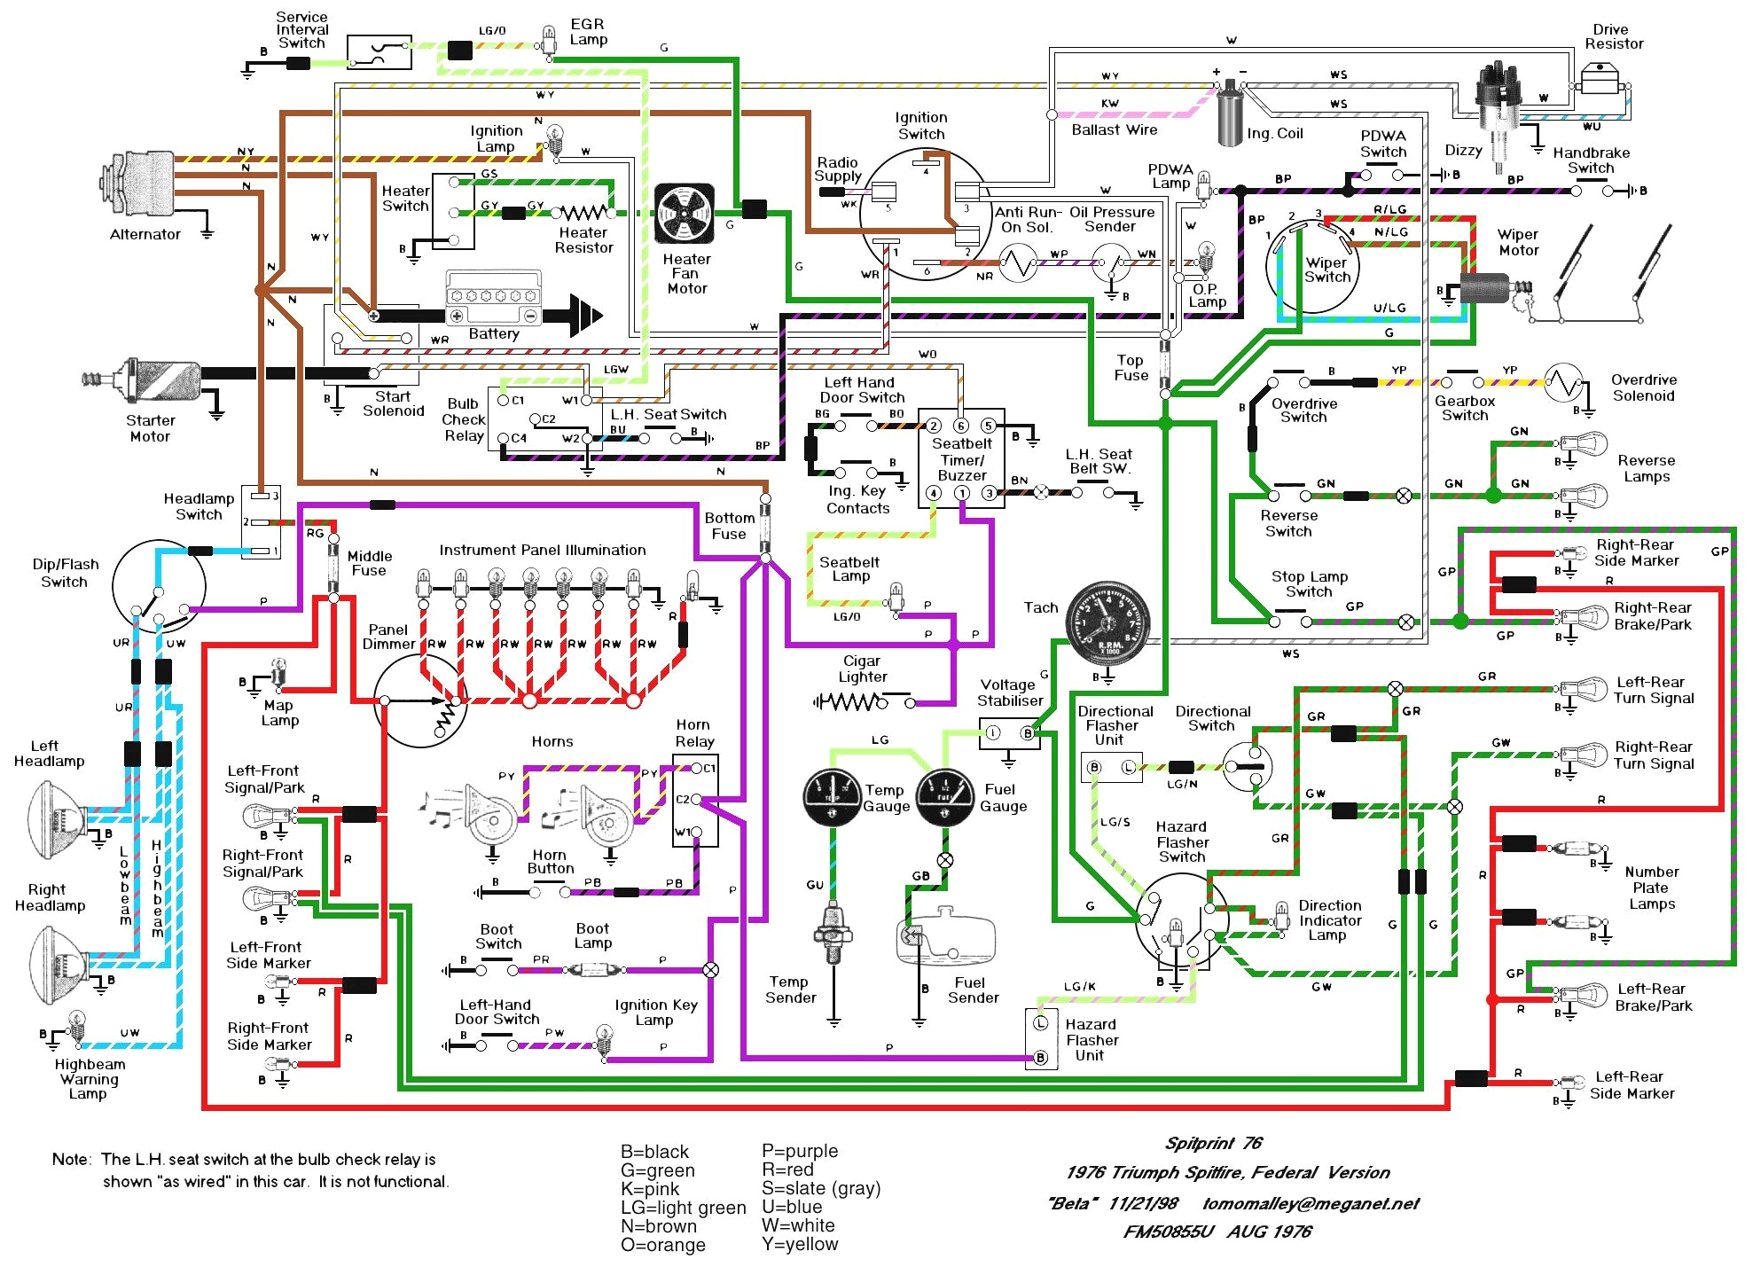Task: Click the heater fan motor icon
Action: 684,214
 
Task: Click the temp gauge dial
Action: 832,797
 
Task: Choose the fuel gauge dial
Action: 945,797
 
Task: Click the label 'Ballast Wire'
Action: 1114,130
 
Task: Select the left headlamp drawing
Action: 58,820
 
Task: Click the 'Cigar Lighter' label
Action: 862,669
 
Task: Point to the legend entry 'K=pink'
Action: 650,1189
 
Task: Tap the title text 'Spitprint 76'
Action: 1213,1143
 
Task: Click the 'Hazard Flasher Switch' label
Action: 1182,841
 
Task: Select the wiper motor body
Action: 1484,287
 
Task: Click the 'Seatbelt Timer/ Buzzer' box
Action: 961,458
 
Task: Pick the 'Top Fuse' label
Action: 1131,367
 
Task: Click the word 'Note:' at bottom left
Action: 72,1159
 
